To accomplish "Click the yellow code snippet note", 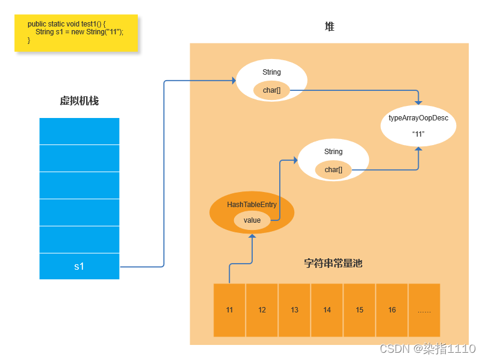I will tap(76, 33).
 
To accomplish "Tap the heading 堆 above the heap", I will tap(329, 27).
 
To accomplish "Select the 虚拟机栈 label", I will tap(79, 101).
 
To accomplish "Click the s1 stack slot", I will tap(79, 266).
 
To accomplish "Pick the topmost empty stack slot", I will tap(79, 131).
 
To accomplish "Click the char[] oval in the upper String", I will tap(271, 90).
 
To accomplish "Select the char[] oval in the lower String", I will tap(333, 170).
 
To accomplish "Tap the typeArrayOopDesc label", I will tap(418, 118).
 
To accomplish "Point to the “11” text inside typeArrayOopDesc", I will tap(418, 134).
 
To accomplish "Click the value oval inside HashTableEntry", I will tap(252, 220).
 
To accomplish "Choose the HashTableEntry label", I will tap(252, 205).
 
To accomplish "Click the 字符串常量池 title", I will tap(333, 264).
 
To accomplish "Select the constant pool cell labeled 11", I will tap(229, 310).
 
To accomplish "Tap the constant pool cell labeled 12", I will tap(262, 310).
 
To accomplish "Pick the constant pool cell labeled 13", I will tap(294, 310).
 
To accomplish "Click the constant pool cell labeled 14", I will tap(327, 310).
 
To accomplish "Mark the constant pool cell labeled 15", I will tap(359, 310).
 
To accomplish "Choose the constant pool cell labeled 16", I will tap(392, 310).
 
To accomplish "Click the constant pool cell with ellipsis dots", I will tap(424, 310).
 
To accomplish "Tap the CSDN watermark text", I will tap(428, 349).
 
